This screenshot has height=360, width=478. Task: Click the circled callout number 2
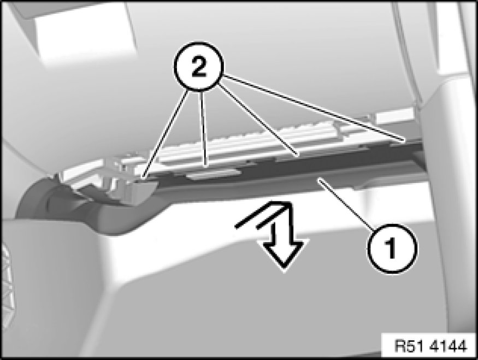[199, 66]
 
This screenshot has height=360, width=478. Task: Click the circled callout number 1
[392, 249]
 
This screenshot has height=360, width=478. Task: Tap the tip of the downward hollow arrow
[284, 269]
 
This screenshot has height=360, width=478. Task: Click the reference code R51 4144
[430, 346]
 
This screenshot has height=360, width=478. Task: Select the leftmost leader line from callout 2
[165, 133]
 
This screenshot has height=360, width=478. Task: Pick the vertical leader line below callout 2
[203, 128]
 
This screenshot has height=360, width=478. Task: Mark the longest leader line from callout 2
[315, 108]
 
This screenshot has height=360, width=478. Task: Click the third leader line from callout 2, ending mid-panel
[258, 120]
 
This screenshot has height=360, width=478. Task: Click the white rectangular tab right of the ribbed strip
[394, 118]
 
